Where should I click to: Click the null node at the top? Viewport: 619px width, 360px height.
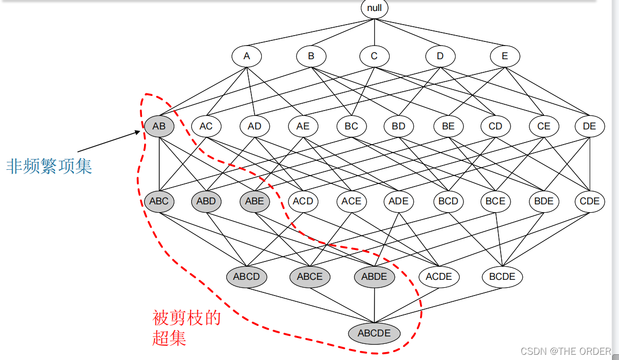pos(374,8)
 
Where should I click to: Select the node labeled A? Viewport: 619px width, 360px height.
pos(247,56)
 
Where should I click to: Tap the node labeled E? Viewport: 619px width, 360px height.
pos(505,56)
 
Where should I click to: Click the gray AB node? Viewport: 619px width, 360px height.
pos(159,126)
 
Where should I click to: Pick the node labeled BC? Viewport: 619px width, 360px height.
pos(351,126)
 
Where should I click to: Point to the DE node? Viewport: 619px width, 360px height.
pos(590,126)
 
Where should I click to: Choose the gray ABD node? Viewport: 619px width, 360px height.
pos(206,201)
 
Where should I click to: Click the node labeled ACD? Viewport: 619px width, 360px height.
pos(303,201)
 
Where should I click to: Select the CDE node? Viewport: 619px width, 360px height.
pos(590,201)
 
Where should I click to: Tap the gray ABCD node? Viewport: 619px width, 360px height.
pos(247,277)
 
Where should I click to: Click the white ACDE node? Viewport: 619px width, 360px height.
pos(439,277)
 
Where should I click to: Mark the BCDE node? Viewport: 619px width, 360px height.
pos(502,277)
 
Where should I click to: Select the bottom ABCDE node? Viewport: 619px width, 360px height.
pos(374,333)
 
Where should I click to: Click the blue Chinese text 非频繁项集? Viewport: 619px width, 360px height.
pos(49,167)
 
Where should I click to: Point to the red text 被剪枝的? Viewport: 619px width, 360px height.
pos(186,318)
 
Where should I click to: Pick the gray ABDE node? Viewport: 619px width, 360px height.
pos(374,277)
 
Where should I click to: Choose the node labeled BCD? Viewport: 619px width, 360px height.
pos(448,201)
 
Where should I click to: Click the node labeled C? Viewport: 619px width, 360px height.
pos(374,56)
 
